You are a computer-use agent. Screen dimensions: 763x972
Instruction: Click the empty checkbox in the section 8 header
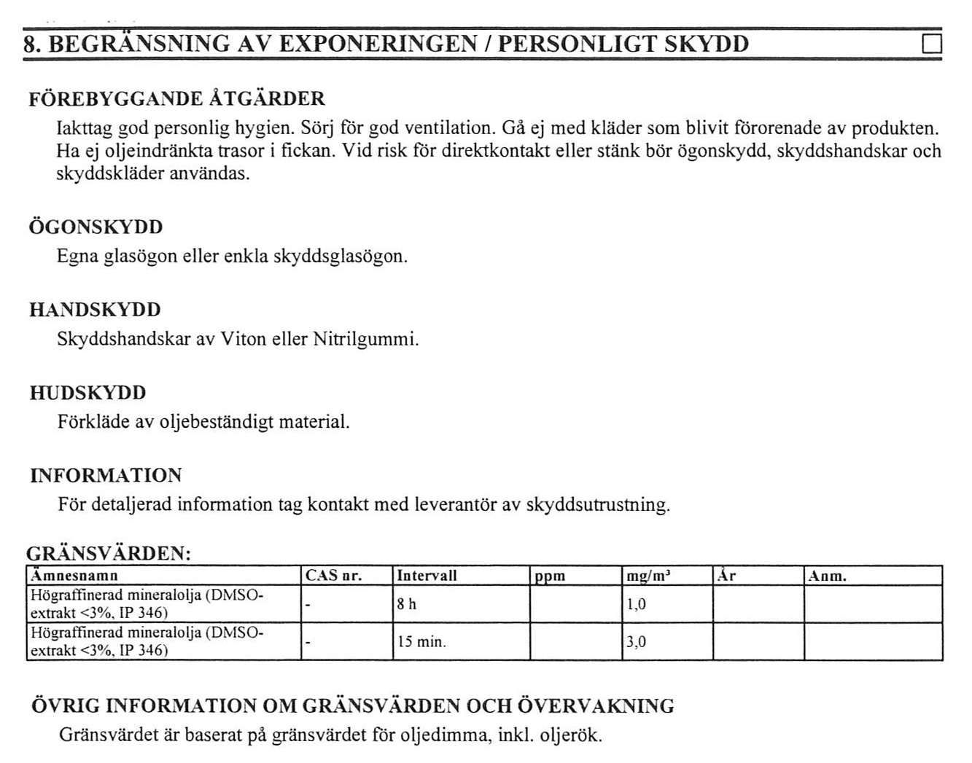(x=932, y=44)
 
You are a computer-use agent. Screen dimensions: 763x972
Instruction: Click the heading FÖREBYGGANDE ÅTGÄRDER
(x=176, y=98)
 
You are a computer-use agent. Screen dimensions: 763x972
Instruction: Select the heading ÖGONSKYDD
(x=96, y=227)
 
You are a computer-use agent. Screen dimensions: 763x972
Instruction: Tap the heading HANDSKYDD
(x=95, y=310)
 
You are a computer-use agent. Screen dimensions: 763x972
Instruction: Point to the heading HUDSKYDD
(x=88, y=393)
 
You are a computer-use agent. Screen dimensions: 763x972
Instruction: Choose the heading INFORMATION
(x=106, y=476)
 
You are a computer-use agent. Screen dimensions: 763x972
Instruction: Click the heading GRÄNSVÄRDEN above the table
(x=109, y=553)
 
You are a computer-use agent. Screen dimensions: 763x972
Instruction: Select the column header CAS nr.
(x=333, y=576)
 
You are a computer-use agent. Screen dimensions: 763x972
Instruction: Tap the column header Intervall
(x=427, y=576)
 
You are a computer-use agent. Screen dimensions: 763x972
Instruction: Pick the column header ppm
(x=550, y=576)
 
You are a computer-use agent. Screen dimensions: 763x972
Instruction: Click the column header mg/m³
(x=648, y=576)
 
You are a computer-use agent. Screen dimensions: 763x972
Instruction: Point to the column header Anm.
(x=827, y=576)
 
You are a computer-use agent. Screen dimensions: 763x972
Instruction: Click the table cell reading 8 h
(x=407, y=605)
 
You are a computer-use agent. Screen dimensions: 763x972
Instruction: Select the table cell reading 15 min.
(x=421, y=642)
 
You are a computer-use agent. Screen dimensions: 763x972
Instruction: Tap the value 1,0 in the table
(x=636, y=605)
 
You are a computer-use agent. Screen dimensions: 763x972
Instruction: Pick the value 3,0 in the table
(x=636, y=642)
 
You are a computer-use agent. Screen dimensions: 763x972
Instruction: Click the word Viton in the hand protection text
(x=243, y=340)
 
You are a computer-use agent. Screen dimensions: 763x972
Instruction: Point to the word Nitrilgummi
(x=365, y=340)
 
